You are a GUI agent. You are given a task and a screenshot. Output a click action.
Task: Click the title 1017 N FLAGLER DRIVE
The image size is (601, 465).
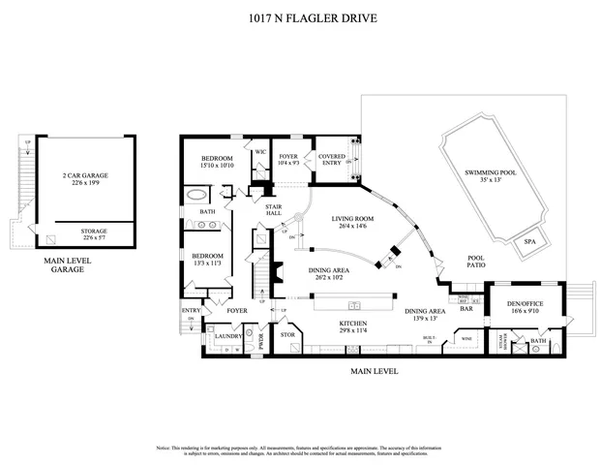[x=301, y=16]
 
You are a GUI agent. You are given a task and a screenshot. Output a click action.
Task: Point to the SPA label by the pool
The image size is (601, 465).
[x=529, y=242]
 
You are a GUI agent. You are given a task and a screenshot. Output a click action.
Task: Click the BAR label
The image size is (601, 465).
[x=466, y=337]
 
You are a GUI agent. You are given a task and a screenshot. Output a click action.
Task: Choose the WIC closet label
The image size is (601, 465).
[x=259, y=152]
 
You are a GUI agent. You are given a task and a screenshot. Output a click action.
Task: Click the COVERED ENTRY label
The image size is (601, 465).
[x=332, y=160]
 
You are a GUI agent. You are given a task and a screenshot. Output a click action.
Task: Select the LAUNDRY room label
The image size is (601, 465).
[x=227, y=335]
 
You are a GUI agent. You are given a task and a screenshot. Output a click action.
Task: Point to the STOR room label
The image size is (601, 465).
[x=287, y=335]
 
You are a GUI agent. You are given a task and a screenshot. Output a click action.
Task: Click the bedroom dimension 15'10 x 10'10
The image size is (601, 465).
[x=217, y=166]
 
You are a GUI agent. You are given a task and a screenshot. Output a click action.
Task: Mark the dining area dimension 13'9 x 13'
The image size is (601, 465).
[x=423, y=318]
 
